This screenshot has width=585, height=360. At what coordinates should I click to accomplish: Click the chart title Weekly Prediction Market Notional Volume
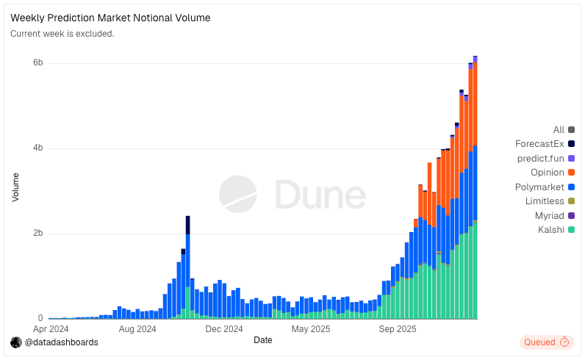110,18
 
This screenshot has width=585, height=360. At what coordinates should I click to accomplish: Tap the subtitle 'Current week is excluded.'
62,34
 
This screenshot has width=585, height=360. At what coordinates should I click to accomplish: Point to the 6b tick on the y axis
38,63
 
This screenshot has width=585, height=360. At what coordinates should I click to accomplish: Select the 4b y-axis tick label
38,148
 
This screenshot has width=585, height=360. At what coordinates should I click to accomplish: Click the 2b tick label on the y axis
38,234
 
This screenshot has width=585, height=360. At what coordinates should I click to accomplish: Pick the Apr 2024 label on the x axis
51,329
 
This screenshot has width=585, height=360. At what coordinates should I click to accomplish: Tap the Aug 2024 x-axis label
137,329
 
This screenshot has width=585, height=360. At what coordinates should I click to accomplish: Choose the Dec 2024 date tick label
223,329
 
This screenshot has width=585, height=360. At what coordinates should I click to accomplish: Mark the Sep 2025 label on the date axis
398,329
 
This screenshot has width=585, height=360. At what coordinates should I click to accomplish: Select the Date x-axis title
262,340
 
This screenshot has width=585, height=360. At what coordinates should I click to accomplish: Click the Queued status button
546,342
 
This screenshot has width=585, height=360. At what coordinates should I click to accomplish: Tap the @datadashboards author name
61,342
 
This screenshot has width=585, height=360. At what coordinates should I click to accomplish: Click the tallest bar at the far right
475,191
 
